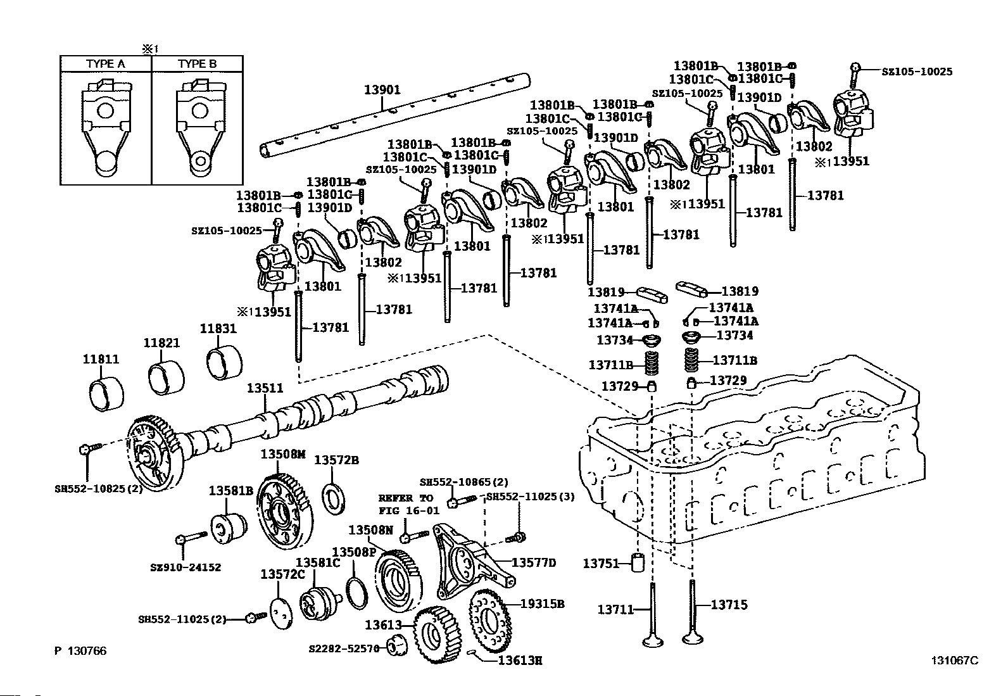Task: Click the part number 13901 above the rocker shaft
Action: [382, 89]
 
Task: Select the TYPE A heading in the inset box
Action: [105, 63]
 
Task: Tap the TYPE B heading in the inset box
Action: [197, 63]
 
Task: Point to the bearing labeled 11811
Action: [106, 395]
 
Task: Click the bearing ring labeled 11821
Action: [166, 377]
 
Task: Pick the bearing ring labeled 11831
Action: [224, 363]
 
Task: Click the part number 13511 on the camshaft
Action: [265, 388]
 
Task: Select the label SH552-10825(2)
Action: [99, 488]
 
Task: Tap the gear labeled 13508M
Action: [286, 512]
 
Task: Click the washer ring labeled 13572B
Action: [334, 499]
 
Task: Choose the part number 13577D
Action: [534, 563]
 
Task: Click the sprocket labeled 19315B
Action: [490, 621]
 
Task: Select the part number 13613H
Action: [520, 661]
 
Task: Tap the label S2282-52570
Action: [344, 649]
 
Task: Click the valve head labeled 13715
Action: [693, 638]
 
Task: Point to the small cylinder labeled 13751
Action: [638, 562]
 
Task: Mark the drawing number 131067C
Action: [954, 661]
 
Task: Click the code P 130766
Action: [80, 650]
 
